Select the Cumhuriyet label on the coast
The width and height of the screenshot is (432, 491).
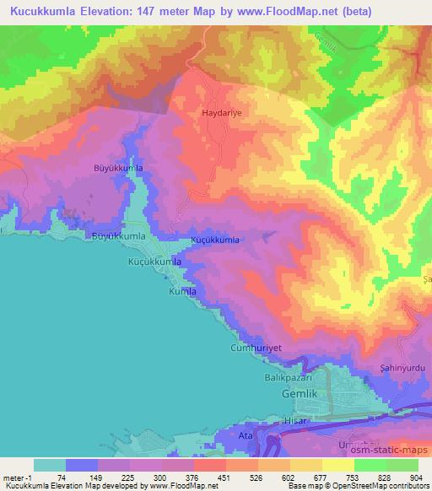255,348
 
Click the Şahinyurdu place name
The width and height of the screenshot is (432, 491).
402,369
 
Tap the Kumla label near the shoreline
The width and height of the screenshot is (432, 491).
183,292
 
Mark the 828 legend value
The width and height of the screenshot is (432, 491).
386,477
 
